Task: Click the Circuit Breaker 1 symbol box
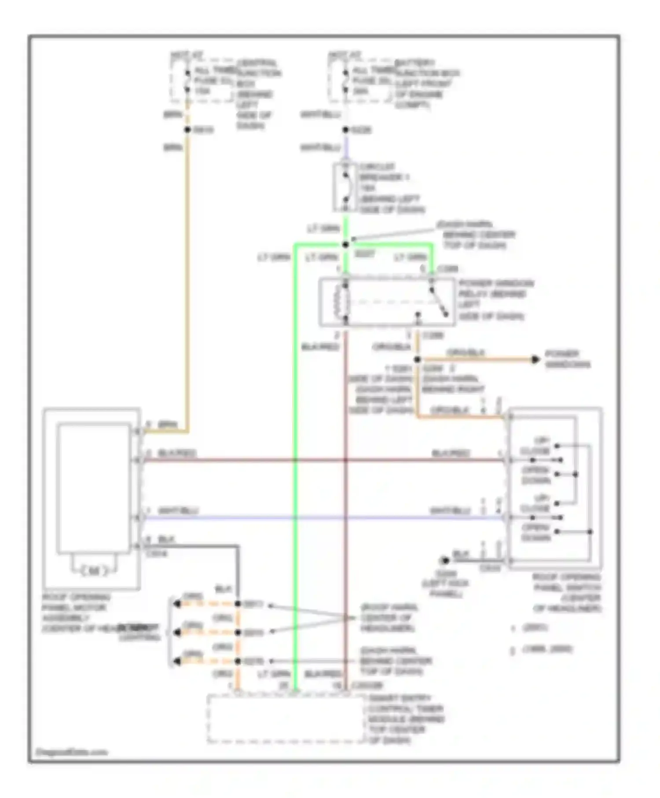(345, 187)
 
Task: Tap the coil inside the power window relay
(341, 301)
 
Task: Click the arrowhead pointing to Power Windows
(535, 359)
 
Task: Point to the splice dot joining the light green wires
(346, 244)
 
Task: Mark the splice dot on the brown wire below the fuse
(187, 129)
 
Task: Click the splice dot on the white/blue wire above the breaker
(346, 129)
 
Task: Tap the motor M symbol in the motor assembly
(94, 571)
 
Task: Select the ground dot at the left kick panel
(445, 560)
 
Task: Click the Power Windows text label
(568, 359)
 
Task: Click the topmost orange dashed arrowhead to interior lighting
(177, 604)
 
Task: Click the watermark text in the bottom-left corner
(71, 752)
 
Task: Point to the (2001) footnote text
(534, 627)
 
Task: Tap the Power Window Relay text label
(495, 299)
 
